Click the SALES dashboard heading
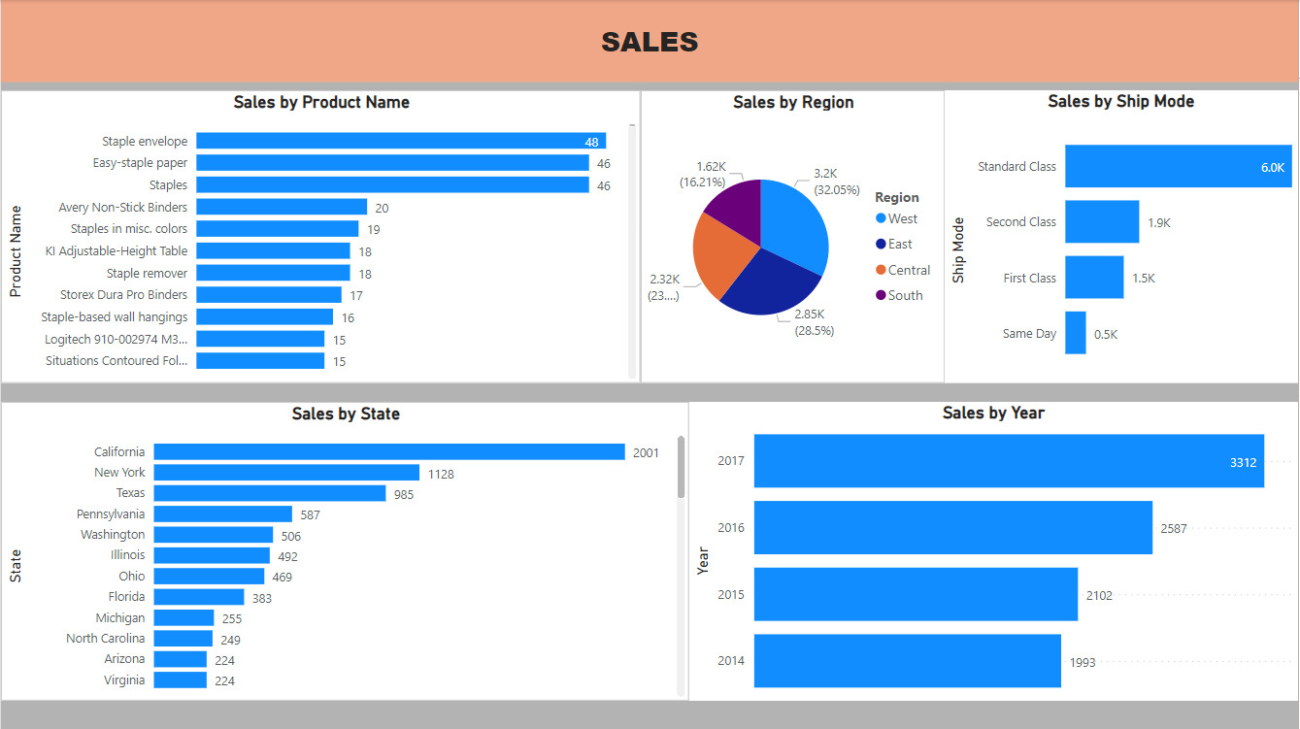point(650,42)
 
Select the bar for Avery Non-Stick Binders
point(282,207)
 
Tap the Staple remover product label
point(147,274)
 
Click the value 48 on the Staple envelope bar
point(591,142)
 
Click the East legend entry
point(899,245)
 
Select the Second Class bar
point(1102,221)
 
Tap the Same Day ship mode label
point(1029,334)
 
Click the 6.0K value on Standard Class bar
point(1272,167)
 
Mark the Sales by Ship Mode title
point(1120,101)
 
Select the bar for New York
point(286,473)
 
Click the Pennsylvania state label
point(111,514)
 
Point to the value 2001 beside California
point(646,452)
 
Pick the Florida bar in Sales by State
point(199,597)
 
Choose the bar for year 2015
point(916,594)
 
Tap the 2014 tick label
point(730,661)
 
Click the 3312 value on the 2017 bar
point(1243,462)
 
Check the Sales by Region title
point(793,102)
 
